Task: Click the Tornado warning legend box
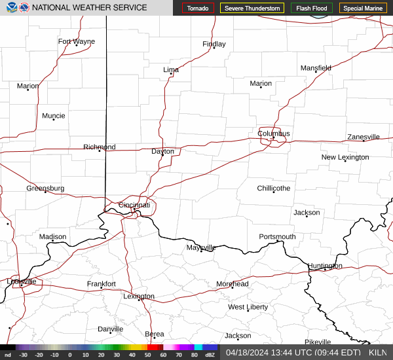pyautogui.click(x=197, y=9)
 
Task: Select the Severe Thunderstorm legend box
pyautogui.click(x=252, y=9)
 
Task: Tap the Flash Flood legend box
pyautogui.click(x=312, y=9)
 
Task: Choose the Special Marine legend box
pyautogui.click(x=364, y=9)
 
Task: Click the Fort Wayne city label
pyautogui.click(x=77, y=42)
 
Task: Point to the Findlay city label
pyautogui.click(x=214, y=45)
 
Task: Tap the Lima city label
pyautogui.click(x=171, y=69)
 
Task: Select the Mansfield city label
pyautogui.click(x=316, y=68)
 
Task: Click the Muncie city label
pyautogui.click(x=54, y=116)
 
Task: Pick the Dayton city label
pyautogui.click(x=163, y=151)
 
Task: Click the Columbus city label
pyautogui.click(x=273, y=134)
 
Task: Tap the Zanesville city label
pyautogui.click(x=364, y=137)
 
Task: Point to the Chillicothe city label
pyautogui.click(x=273, y=189)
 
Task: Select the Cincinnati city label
pyautogui.click(x=134, y=206)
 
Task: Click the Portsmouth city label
pyautogui.click(x=277, y=237)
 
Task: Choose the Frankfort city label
pyautogui.click(x=102, y=284)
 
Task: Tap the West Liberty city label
pyautogui.click(x=248, y=307)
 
